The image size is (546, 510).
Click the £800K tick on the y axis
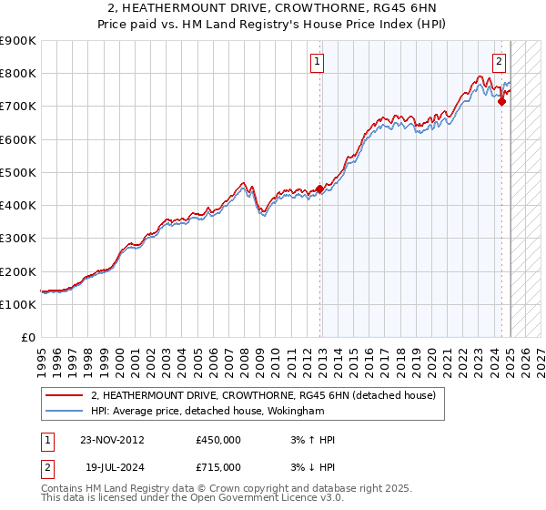click(18, 74)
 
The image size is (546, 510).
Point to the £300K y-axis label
click(18, 239)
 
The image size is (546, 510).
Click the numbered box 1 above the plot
click(318, 62)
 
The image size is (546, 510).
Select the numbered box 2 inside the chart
click(500, 62)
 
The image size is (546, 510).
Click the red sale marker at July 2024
click(501, 101)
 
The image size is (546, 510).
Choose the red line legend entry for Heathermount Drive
click(264, 395)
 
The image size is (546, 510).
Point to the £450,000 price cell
click(218, 440)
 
